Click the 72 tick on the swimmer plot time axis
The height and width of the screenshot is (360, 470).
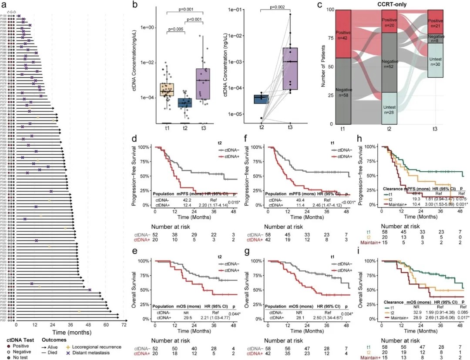pos(124,325)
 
